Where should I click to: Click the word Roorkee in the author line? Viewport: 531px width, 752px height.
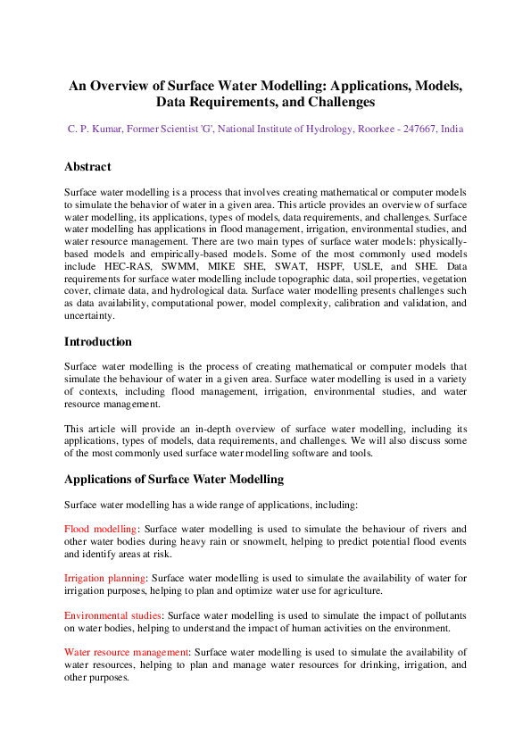(x=363, y=129)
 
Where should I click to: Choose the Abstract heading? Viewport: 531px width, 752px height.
(x=87, y=167)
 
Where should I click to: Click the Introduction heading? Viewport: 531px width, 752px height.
(x=98, y=341)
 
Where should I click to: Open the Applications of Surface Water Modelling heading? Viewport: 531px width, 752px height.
(x=174, y=479)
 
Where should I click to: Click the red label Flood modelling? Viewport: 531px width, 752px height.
(x=101, y=529)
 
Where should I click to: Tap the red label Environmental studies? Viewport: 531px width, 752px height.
(x=112, y=615)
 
